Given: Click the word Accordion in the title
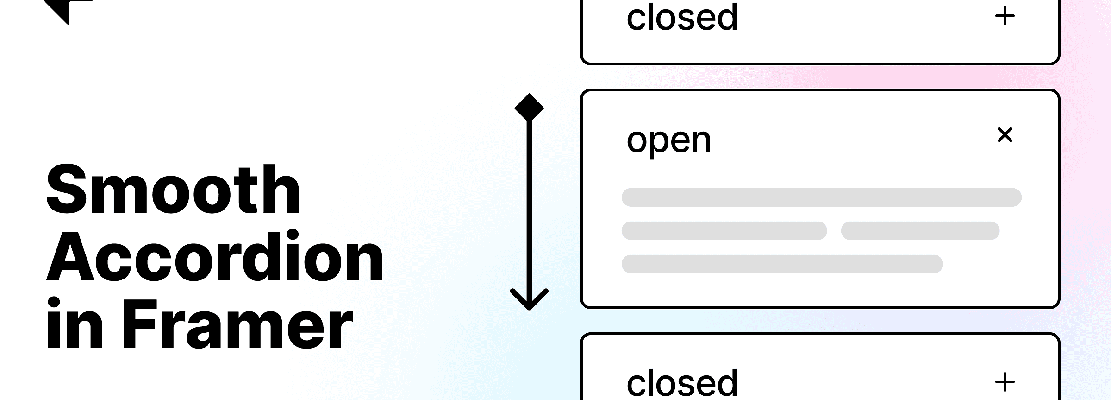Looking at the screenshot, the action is point(215,256).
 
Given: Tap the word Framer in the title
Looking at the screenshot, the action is point(237,324).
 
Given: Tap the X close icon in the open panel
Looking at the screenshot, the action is point(1005,135).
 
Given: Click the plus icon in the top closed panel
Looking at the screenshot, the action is point(1005,17).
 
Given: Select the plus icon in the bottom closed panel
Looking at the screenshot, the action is point(1005,382).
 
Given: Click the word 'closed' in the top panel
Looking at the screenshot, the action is point(682,17).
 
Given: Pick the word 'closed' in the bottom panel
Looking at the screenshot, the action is point(682,382).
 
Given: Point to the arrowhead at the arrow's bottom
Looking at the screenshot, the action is point(529,299).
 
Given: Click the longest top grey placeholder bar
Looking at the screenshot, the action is point(821,197).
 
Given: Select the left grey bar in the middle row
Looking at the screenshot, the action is point(724,231).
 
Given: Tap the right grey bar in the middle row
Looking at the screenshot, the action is point(920,231).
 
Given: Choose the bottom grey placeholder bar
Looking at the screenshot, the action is point(782,264).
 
